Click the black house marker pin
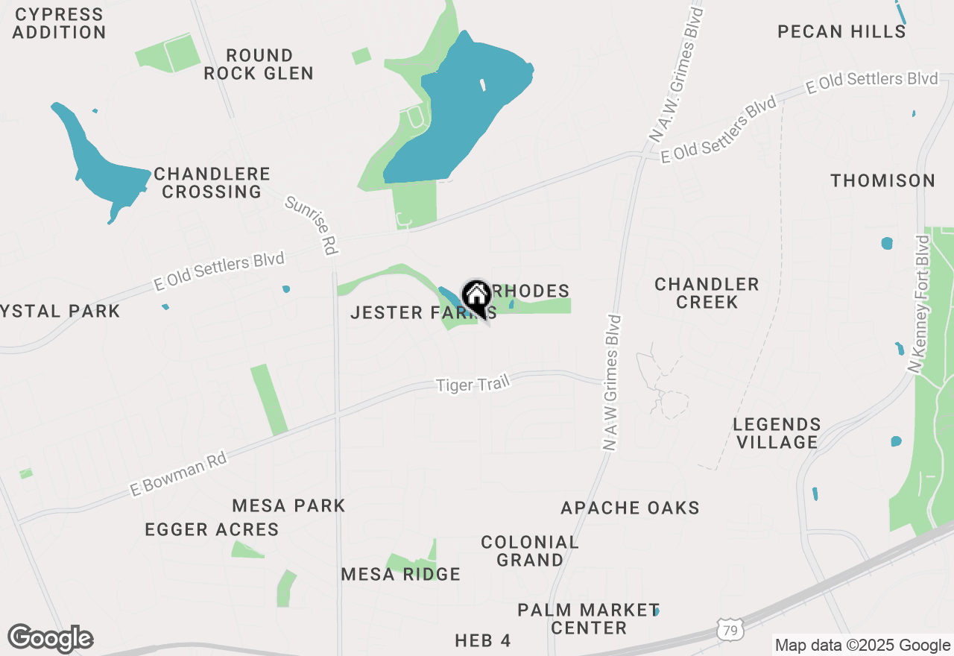tap(476, 297)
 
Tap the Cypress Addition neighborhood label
tap(59, 23)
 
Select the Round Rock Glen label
tap(259, 64)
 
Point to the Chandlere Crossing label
tap(212, 183)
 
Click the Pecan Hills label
tap(841, 31)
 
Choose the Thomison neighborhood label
tap(883, 180)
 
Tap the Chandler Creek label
tap(707, 293)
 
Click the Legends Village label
tap(777, 433)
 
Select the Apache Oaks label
tap(630, 508)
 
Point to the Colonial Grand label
tap(530, 551)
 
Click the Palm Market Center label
tap(589, 619)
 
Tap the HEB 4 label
tap(483, 640)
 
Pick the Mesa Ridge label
tap(400, 574)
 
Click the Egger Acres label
tap(212, 530)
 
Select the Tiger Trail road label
tap(473, 385)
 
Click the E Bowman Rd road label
tap(178, 475)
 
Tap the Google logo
tap(50, 639)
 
